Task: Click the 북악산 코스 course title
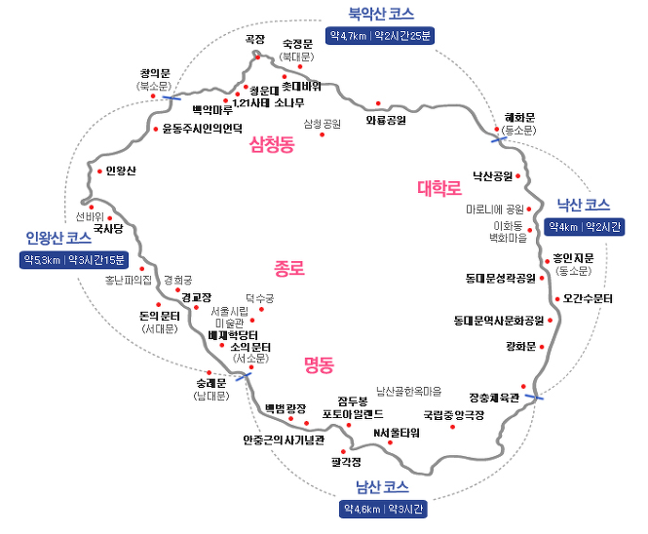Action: click(x=381, y=14)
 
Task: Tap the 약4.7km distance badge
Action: click(x=380, y=36)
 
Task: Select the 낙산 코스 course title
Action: click(x=584, y=205)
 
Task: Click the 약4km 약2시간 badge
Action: click(x=585, y=227)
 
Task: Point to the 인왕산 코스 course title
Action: click(x=58, y=238)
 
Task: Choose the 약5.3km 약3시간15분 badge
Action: click(x=74, y=260)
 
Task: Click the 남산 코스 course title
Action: click(x=382, y=487)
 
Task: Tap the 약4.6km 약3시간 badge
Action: click(x=383, y=509)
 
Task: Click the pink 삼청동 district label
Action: click(x=272, y=144)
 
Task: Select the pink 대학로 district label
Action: click(x=439, y=188)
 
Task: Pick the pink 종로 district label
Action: click(x=289, y=268)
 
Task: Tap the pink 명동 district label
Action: click(x=319, y=365)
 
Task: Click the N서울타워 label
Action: click(x=397, y=433)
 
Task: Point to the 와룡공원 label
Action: click(x=386, y=120)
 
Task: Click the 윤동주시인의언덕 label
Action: click(x=202, y=129)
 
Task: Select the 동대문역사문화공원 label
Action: click(x=499, y=321)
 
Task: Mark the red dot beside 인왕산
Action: click(x=99, y=172)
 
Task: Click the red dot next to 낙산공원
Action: click(x=517, y=176)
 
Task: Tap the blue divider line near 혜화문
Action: click(x=499, y=139)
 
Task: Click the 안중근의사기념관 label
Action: click(x=284, y=440)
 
